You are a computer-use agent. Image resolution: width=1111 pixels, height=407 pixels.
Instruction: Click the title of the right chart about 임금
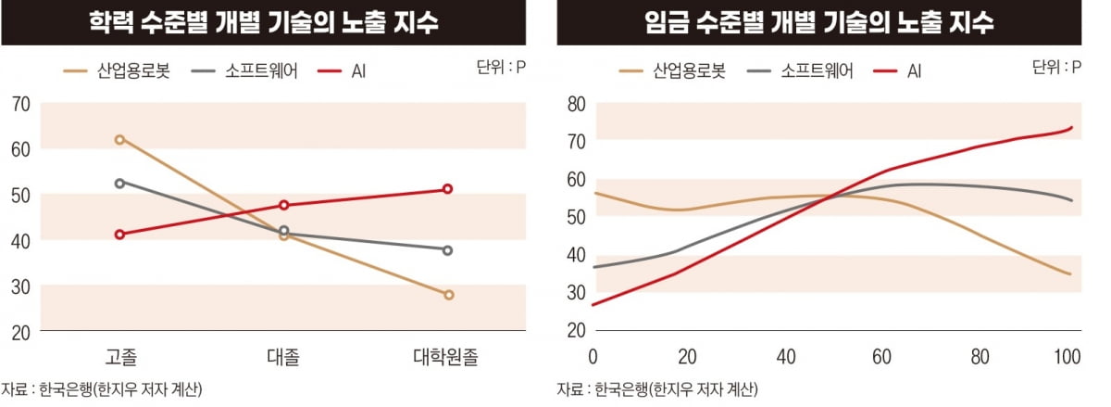pyautogui.click(x=818, y=22)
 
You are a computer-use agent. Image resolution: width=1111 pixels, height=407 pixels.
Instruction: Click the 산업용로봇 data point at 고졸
pyautogui.click(x=119, y=140)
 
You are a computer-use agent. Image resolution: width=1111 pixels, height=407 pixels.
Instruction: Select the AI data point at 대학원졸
pyautogui.click(x=448, y=189)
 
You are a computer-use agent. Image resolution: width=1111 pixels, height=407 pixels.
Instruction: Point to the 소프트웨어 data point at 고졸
pyautogui.click(x=119, y=184)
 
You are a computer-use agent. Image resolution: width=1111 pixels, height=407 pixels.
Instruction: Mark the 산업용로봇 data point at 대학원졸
pyautogui.click(x=448, y=295)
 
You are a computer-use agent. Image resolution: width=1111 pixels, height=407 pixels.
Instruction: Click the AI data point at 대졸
pyautogui.click(x=284, y=205)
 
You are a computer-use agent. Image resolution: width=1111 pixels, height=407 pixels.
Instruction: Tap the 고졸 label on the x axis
pyautogui.click(x=120, y=357)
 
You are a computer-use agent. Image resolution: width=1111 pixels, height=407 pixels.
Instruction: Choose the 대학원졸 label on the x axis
pyautogui.click(x=448, y=357)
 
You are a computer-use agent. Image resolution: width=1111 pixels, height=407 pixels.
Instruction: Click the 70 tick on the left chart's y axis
pyautogui.click(x=19, y=105)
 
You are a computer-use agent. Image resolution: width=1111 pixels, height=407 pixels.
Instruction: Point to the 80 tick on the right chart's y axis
pyautogui.click(x=575, y=105)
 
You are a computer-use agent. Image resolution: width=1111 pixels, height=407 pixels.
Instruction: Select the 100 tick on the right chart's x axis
pyautogui.click(x=1067, y=357)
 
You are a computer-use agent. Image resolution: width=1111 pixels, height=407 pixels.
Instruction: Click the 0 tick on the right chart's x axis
pyautogui.click(x=593, y=357)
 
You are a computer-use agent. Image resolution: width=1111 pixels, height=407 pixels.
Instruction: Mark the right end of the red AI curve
pyautogui.click(x=1071, y=127)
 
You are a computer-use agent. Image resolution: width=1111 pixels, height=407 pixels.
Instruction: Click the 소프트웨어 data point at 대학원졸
pyautogui.click(x=448, y=250)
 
